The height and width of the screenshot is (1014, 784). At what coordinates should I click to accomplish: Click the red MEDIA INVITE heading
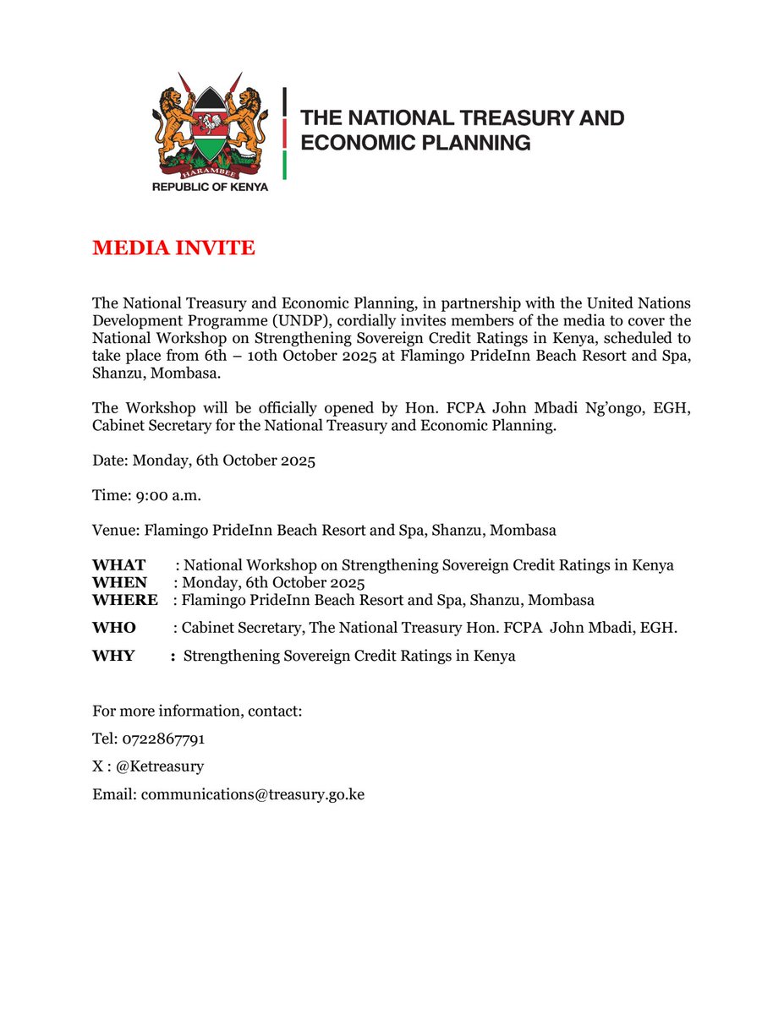(173, 248)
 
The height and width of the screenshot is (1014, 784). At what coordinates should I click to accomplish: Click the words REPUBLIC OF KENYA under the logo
(210, 187)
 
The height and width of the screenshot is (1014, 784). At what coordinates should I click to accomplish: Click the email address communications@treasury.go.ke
(252, 795)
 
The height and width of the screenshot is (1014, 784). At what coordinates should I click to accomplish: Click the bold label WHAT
(118, 565)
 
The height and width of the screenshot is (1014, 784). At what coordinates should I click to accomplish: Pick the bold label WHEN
(119, 583)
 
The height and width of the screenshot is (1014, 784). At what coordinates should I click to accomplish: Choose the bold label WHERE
(124, 601)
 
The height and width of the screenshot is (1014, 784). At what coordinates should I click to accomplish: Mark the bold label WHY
(113, 657)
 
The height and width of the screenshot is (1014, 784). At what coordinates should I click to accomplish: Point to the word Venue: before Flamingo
(116, 532)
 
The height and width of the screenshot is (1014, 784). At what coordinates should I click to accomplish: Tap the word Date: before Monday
(110, 462)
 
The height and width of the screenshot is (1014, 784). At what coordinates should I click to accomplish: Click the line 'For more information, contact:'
(197, 711)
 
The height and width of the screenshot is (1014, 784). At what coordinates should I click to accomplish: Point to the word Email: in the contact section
(114, 795)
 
